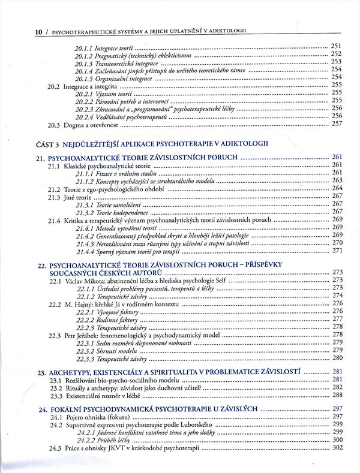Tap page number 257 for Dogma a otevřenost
point(336,124)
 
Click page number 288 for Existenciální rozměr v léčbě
point(337,396)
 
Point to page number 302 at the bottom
point(337,447)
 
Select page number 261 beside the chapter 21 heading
point(336,156)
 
